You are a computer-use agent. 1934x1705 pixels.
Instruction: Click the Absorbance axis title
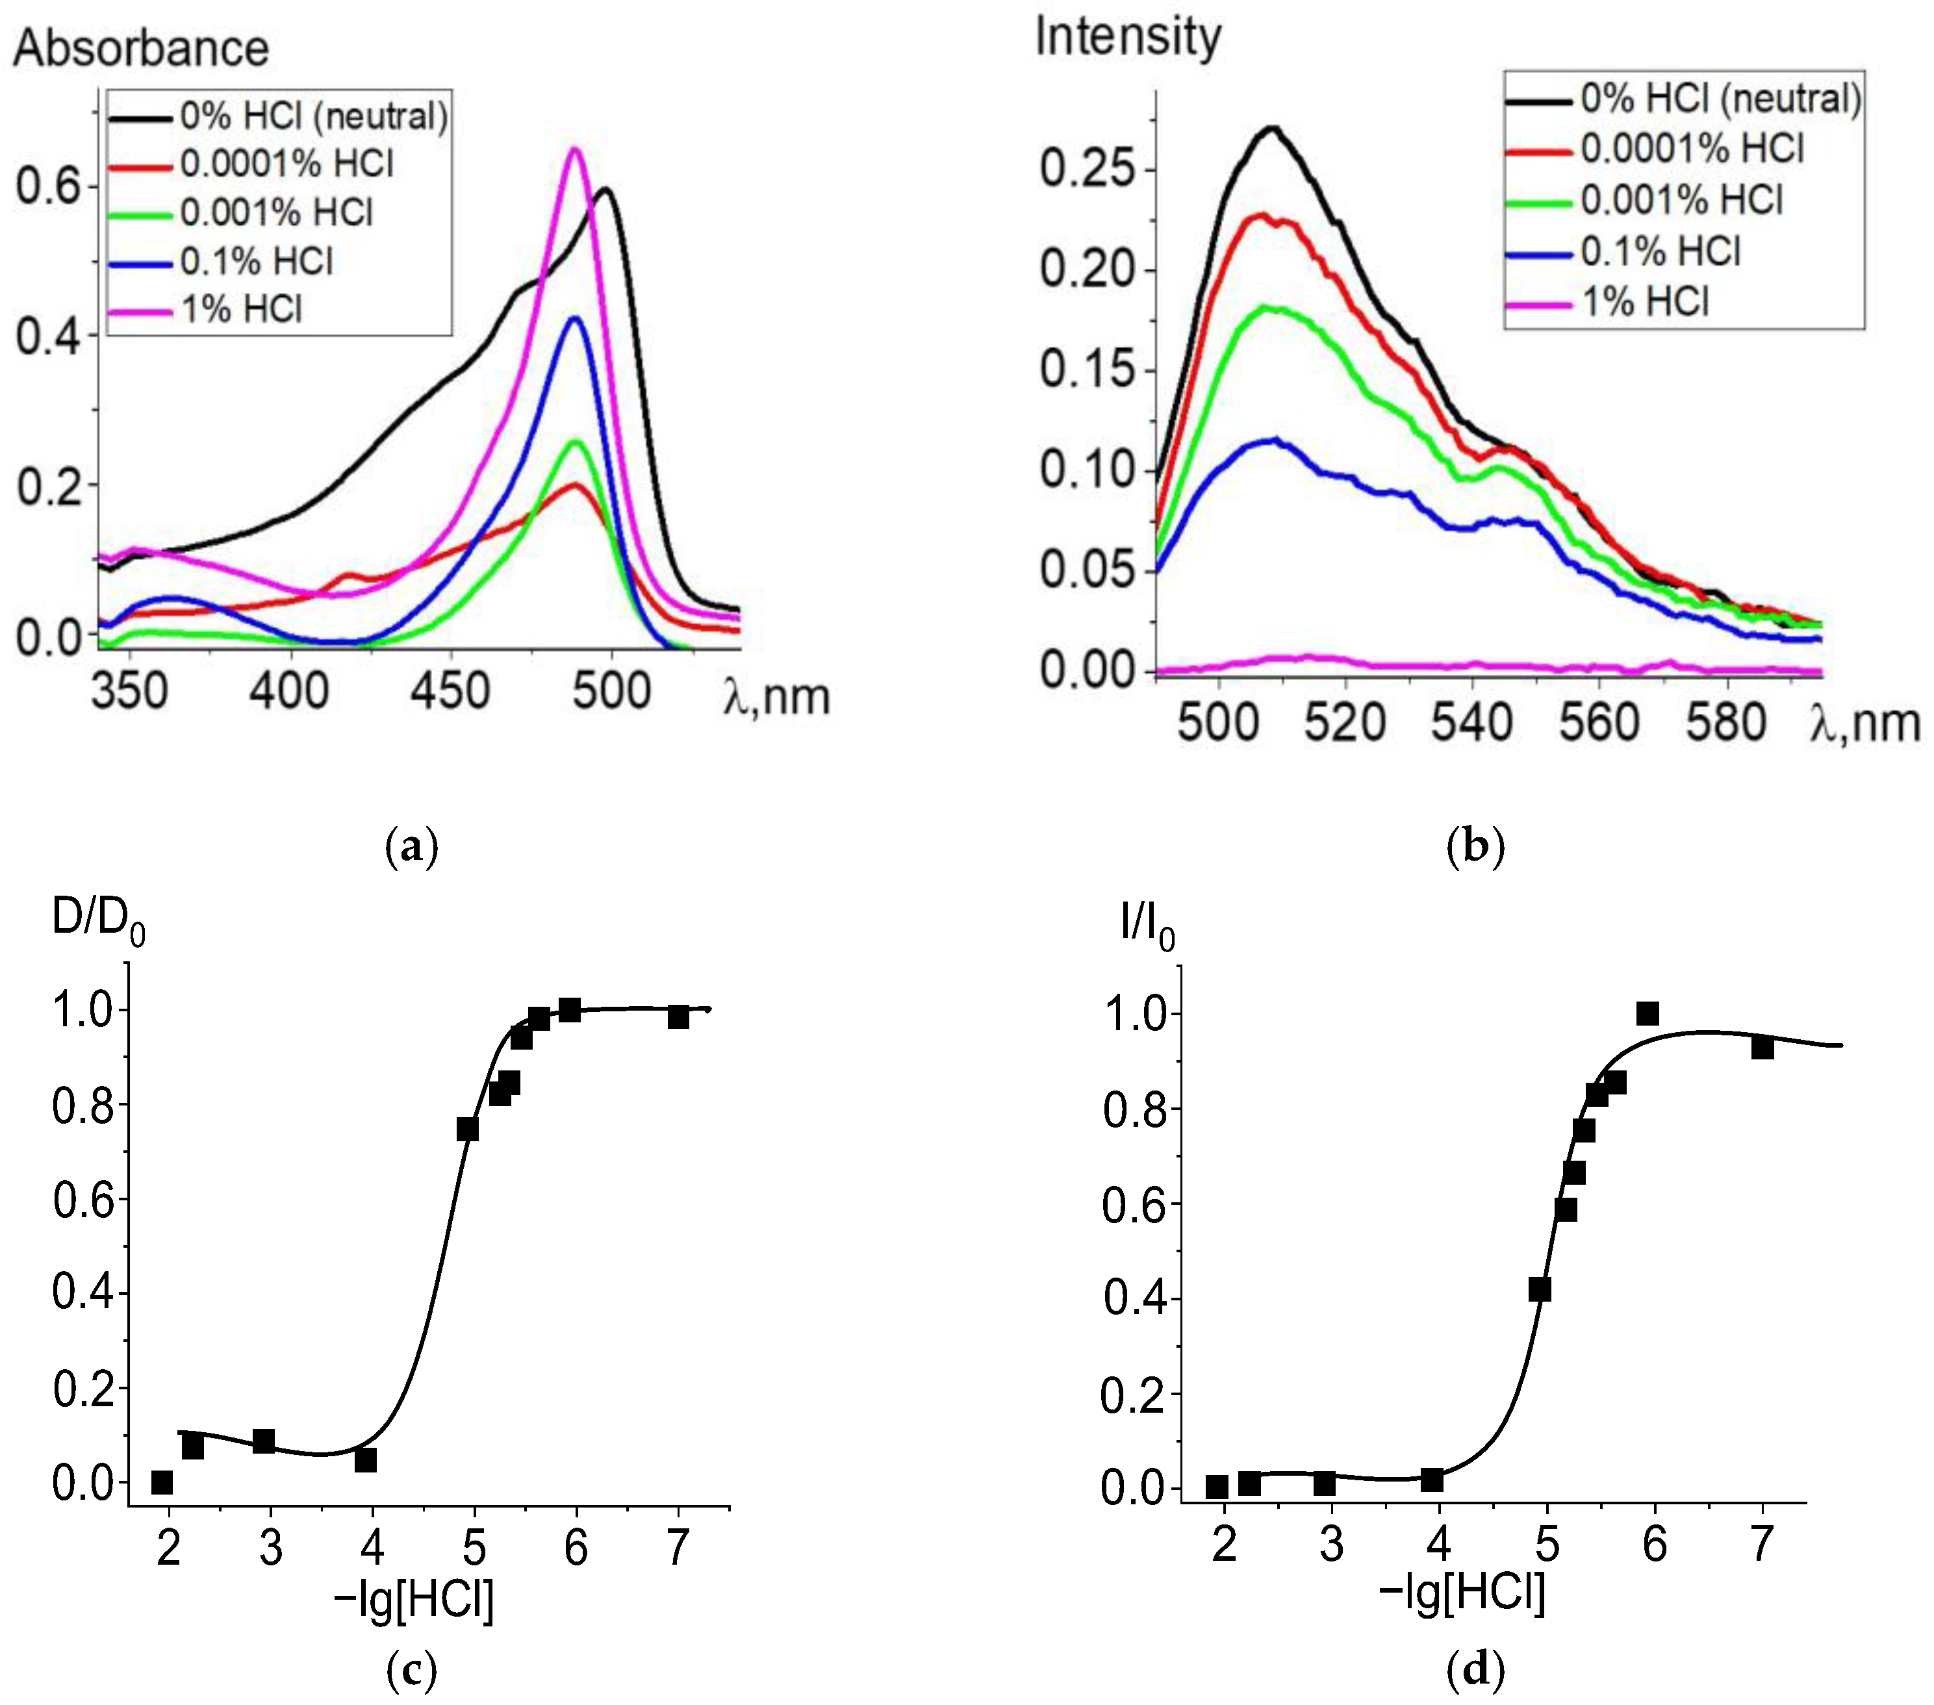(x=141, y=48)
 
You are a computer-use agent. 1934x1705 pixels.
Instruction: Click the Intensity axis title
(x=1128, y=38)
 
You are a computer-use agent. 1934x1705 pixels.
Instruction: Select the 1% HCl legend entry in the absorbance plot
(x=241, y=309)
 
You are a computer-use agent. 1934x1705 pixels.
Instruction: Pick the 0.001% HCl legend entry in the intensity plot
(x=1681, y=201)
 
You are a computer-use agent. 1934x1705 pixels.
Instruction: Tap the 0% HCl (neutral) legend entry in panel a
(x=313, y=116)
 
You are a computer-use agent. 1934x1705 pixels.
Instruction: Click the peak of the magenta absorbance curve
(x=574, y=149)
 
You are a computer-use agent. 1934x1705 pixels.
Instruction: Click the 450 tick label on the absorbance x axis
(x=450, y=692)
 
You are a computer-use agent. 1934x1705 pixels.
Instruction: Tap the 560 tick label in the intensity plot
(x=1599, y=723)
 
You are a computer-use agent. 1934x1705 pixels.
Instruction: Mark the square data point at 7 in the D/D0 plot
(x=678, y=1017)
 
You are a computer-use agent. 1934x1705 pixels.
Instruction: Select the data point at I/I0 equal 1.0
(x=1648, y=1013)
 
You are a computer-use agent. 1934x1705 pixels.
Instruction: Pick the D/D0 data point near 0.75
(x=467, y=1130)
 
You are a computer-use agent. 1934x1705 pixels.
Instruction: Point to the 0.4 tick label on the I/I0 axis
(x=1134, y=1299)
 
